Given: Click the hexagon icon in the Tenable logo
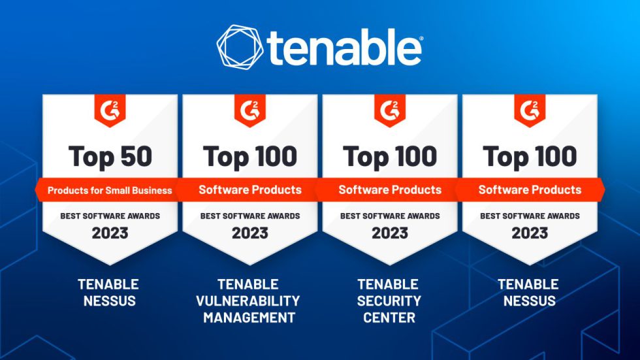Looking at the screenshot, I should pos(240,47).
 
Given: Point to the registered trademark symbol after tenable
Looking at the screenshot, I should pos(419,39).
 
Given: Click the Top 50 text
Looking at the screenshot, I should pos(110,156).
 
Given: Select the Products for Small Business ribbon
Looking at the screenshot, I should pos(110,190).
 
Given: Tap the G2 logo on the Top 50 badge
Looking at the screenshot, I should pos(110,111).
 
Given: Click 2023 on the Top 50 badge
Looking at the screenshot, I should pos(110,233).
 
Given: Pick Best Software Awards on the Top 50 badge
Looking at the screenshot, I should pos(110,216).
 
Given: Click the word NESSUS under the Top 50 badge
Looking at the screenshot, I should pos(108,301).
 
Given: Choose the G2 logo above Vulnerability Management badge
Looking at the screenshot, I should pos(250,111).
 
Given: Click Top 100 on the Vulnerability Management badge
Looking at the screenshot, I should pos(250,156).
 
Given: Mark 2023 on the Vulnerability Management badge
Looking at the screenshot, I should pos(250,233).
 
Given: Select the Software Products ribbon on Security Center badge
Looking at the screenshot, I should pos(390,190).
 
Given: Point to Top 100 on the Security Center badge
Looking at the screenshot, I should pos(390,156).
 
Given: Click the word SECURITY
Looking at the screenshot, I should pos(389,301).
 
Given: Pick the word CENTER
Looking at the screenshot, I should pos(389,318).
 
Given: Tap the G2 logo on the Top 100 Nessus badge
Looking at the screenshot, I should pos(530,111).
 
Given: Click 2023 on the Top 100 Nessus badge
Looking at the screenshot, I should pos(530,233).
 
